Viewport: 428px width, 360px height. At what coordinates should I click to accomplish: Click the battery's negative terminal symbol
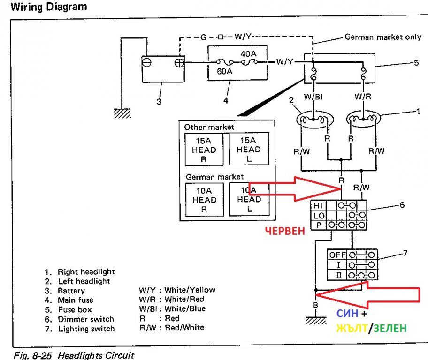tap(146, 62)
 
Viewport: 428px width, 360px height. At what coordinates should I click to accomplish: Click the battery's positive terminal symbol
tap(179, 63)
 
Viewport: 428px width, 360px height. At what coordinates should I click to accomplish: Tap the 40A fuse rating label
tap(248, 54)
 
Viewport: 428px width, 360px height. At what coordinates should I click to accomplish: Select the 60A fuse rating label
tap(225, 71)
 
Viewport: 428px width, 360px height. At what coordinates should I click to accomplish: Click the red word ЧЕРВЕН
tap(285, 231)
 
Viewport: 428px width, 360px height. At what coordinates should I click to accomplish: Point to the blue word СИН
tap(347, 314)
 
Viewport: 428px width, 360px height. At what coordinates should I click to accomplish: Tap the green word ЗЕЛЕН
tap(390, 328)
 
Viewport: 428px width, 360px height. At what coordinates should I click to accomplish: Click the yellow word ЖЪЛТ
tap(352, 328)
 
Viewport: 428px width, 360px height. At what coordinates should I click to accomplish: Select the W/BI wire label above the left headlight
tap(313, 97)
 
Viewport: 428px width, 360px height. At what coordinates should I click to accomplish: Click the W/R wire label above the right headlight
tap(363, 97)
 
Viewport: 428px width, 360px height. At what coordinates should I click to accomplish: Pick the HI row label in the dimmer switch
tap(318, 205)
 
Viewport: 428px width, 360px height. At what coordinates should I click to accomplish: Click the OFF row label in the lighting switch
tap(337, 255)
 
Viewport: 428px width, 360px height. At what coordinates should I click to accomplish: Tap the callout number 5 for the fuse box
tap(416, 63)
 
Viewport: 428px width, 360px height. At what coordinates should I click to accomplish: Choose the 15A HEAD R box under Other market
tap(204, 150)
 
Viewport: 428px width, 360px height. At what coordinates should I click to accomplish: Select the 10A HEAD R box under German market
tap(205, 200)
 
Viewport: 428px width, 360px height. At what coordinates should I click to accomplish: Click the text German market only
tap(383, 37)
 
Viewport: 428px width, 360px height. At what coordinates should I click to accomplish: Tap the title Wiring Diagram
tap(49, 7)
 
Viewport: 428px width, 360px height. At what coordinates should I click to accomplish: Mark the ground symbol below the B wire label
tap(316, 321)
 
